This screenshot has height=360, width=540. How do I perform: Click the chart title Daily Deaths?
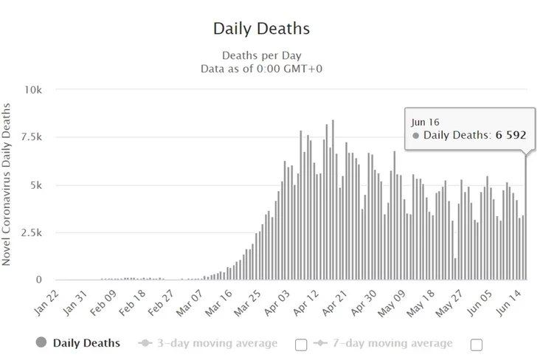[261, 29]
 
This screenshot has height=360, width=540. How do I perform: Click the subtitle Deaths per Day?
[261, 55]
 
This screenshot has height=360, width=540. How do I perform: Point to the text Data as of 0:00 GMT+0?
[261, 69]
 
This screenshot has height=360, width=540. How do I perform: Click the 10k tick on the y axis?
[34, 90]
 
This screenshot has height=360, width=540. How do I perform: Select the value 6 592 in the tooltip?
[510, 135]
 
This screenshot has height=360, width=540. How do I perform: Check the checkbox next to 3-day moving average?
[301, 344]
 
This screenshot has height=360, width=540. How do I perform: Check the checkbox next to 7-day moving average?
[476, 344]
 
